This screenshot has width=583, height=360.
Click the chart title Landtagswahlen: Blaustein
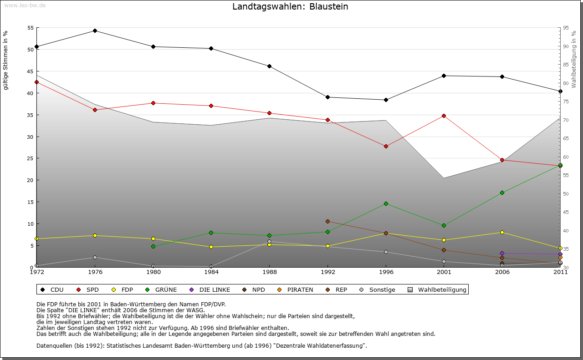290,6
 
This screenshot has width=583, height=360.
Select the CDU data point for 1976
95,30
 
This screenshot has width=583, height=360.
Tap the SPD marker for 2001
444,116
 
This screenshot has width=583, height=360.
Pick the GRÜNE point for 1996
386,203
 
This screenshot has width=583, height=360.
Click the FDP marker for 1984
211,247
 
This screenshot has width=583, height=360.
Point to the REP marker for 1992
327,221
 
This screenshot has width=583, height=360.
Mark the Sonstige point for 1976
95,257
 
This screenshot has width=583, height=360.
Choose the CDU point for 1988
269,66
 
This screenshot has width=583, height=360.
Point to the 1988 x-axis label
269,272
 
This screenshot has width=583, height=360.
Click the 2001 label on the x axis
444,272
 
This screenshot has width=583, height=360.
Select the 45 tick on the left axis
31,71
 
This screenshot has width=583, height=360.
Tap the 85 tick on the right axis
565,65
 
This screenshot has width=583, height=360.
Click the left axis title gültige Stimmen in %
5,60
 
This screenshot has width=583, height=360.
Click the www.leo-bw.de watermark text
24,5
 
